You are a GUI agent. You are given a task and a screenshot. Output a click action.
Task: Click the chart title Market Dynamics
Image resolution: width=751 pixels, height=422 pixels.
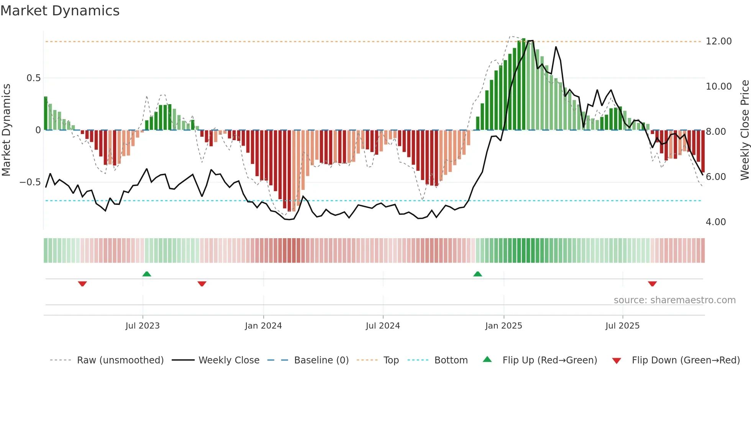60,11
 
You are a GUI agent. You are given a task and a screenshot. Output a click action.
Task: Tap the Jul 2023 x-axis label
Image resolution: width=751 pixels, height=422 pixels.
143,326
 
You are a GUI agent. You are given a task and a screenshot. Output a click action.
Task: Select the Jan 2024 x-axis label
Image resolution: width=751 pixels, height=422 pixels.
263,326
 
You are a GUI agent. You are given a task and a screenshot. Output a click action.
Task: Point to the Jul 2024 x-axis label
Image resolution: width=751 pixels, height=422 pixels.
383,326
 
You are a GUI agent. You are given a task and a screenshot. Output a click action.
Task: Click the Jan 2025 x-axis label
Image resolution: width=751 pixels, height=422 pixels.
503,326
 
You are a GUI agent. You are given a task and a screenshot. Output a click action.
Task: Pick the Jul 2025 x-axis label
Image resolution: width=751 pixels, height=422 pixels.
623,326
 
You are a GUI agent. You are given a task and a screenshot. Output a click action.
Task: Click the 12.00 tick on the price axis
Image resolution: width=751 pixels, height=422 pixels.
718,41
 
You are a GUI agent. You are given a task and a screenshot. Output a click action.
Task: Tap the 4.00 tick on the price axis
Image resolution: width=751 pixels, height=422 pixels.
716,222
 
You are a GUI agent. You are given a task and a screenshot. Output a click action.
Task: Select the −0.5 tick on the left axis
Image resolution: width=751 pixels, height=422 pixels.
30,182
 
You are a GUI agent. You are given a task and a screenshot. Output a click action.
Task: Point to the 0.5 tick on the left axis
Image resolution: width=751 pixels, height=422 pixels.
33,78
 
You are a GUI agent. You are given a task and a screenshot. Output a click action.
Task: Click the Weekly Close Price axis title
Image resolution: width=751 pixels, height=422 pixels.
745,130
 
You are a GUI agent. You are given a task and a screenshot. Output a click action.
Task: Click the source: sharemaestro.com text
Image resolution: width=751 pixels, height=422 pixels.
674,300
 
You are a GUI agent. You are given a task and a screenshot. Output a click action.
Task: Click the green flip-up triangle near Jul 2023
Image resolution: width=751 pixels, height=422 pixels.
147,274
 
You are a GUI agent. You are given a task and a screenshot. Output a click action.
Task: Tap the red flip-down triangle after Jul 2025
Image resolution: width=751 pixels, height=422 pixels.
653,284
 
